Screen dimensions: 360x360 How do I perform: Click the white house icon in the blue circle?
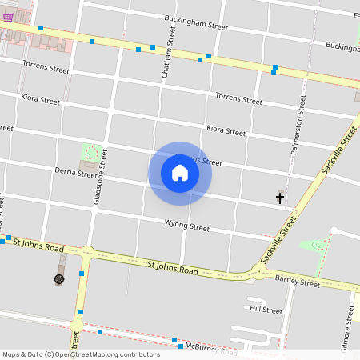[180, 173]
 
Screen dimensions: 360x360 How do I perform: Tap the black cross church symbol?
[280, 197]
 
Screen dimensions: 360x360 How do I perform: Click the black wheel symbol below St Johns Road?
[59, 278]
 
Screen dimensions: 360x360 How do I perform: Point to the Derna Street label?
[75, 172]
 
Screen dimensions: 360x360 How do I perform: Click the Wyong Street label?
[186, 227]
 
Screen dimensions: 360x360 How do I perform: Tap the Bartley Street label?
[297, 283]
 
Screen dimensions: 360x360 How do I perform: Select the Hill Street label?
[266, 310]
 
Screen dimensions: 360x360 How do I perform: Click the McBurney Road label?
[210, 350]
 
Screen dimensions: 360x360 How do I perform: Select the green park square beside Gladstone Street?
[93, 152]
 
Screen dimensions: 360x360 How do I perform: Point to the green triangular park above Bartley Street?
[314, 245]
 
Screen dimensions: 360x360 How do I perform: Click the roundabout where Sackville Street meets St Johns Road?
[258, 273]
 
